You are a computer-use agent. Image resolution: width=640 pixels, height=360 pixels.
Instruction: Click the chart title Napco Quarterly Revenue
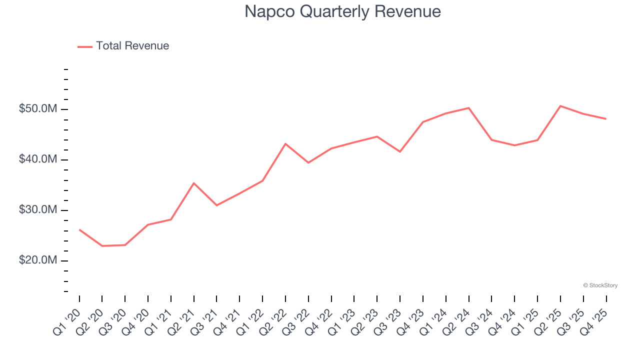342,11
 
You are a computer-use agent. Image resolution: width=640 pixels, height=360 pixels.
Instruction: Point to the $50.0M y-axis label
38,109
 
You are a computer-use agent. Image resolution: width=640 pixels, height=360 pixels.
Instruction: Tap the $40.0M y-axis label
38,159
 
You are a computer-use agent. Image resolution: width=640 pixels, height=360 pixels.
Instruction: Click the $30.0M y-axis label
38,210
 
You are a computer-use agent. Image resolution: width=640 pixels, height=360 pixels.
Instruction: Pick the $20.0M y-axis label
38,260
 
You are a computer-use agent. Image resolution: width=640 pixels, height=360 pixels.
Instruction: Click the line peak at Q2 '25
560,106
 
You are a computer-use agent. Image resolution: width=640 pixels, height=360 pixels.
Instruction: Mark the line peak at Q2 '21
193,183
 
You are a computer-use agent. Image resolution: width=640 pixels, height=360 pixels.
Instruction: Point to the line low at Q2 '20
102,246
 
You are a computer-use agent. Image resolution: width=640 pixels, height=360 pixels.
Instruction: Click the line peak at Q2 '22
285,143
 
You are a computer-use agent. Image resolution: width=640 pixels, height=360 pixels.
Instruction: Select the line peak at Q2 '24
469,108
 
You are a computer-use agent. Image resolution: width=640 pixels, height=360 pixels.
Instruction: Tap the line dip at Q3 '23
400,151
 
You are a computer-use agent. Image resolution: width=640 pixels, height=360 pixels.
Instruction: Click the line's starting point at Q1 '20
79,229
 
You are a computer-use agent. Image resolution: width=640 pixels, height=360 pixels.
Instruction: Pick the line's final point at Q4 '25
606,119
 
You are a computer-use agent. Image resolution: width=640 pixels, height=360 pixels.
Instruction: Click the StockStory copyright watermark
600,285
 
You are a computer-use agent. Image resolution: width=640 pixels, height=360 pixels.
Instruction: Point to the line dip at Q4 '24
514,145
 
